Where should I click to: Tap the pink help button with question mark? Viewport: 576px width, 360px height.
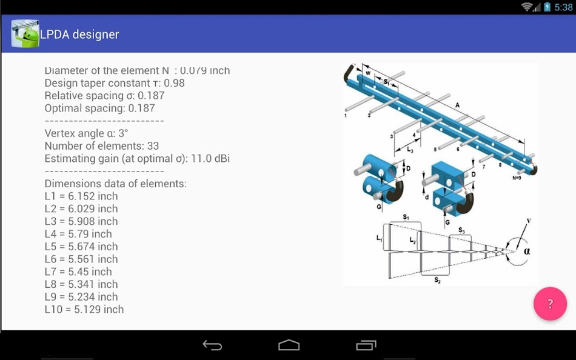point(550,304)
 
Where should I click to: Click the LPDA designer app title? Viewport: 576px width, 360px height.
point(79,34)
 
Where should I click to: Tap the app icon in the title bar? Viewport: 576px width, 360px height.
point(25,34)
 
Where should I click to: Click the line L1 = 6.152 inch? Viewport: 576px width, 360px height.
point(81,196)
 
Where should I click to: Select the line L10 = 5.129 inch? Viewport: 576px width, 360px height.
point(84,309)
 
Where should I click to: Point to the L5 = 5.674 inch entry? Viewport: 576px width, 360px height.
point(81,247)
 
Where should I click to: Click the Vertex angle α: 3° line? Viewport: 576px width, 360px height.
point(86,133)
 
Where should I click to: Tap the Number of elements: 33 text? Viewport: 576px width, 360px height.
point(102,146)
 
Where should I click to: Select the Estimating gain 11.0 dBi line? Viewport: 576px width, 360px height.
point(137,159)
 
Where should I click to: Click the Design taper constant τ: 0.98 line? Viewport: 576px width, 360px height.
point(115,83)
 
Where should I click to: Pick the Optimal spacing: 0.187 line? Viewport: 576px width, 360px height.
point(99,108)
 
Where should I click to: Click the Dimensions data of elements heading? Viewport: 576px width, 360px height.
point(116,184)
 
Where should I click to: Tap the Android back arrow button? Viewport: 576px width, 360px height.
point(212,345)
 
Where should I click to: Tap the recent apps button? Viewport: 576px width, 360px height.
point(366,345)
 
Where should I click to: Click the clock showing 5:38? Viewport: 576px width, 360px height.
point(563,7)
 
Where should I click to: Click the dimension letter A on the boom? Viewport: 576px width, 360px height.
point(458,105)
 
